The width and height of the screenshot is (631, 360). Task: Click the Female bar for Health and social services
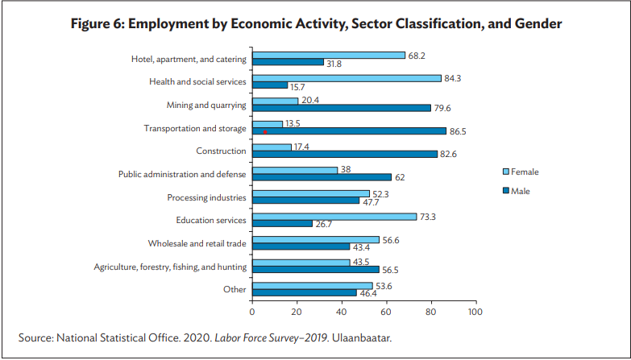pyautogui.click(x=347, y=78)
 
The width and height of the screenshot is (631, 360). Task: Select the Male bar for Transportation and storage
pyautogui.click(x=349, y=130)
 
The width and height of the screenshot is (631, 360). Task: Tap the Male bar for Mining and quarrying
pyautogui.click(x=342, y=108)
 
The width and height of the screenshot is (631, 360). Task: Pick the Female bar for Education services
pyautogui.click(x=334, y=217)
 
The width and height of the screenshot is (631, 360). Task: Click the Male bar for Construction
pyautogui.click(x=345, y=153)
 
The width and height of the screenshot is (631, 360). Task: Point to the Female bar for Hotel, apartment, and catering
pyautogui.click(x=329, y=55)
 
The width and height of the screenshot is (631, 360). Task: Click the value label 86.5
pyautogui.click(x=458, y=130)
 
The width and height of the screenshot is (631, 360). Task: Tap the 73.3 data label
pyautogui.click(x=428, y=216)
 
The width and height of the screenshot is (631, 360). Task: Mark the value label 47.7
pyautogui.click(x=371, y=201)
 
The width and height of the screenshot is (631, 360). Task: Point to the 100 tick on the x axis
pyautogui.click(x=475, y=311)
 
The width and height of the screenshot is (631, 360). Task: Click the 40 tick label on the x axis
pyautogui.click(x=342, y=311)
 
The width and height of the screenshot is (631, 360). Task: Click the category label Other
pyautogui.click(x=235, y=289)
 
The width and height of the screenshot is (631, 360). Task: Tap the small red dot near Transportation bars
pyautogui.click(x=265, y=130)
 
